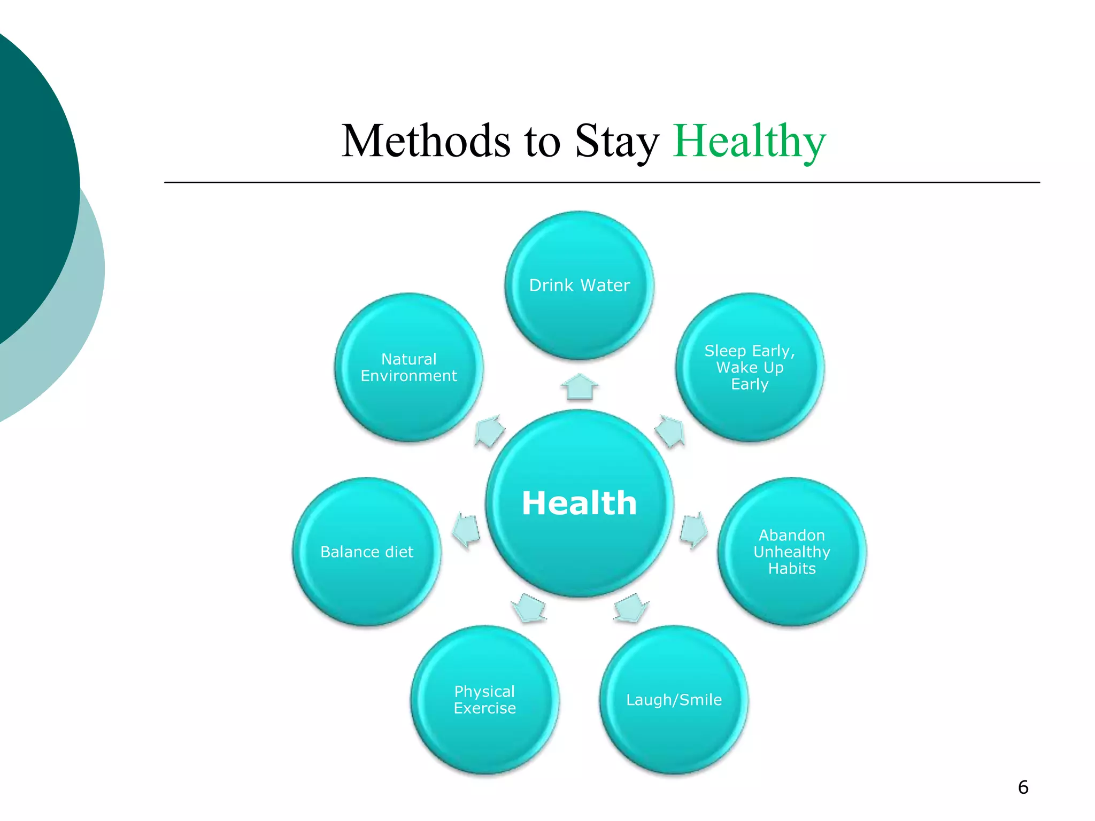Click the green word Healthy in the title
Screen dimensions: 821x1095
749,141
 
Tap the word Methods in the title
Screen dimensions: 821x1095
426,141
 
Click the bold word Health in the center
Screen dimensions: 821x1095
580,504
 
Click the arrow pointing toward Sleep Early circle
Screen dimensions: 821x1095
670,431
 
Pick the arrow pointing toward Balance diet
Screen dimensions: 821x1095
466,531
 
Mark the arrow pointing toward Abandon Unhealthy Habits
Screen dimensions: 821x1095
694,530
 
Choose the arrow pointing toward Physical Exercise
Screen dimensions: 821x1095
529,608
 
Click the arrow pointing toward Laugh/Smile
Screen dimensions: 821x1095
631,608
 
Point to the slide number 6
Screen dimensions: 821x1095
1023,787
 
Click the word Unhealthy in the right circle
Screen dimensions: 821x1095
792,552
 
